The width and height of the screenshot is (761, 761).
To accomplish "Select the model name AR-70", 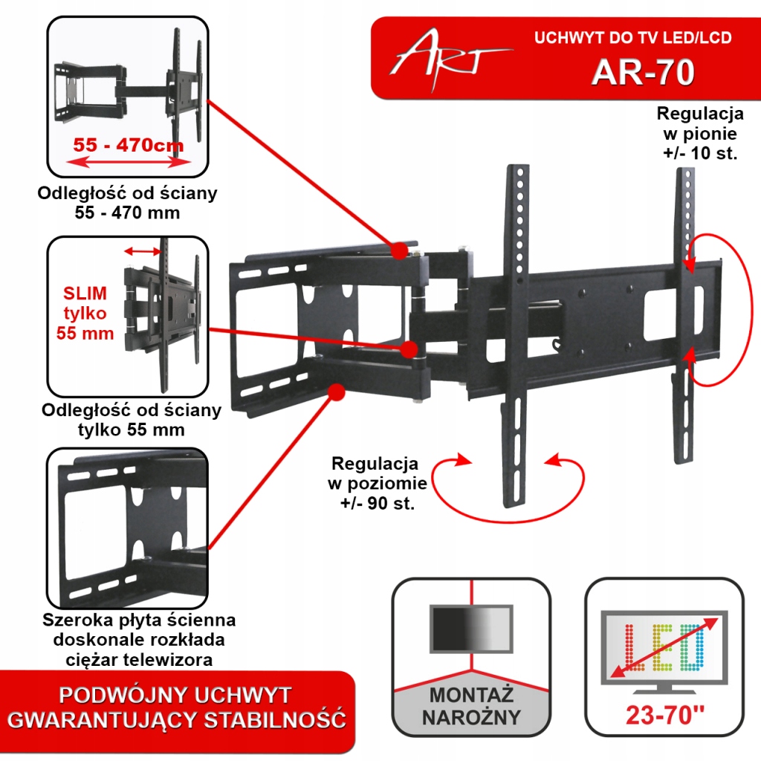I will click(x=643, y=73).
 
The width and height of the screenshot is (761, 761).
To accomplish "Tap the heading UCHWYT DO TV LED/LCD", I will click(x=632, y=39).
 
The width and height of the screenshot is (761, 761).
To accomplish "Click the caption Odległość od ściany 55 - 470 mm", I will click(x=128, y=203).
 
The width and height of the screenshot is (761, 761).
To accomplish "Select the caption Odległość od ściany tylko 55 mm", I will click(x=132, y=419).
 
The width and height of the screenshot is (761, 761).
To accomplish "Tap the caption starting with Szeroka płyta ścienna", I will click(x=139, y=639).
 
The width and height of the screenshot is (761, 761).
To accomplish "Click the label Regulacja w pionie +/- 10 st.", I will click(x=699, y=135).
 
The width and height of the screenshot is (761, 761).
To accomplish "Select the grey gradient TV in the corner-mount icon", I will click(x=471, y=630).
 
